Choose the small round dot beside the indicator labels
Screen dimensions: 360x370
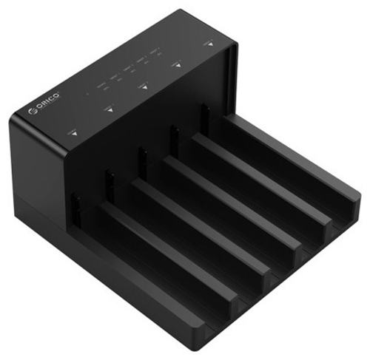click(87, 94)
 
